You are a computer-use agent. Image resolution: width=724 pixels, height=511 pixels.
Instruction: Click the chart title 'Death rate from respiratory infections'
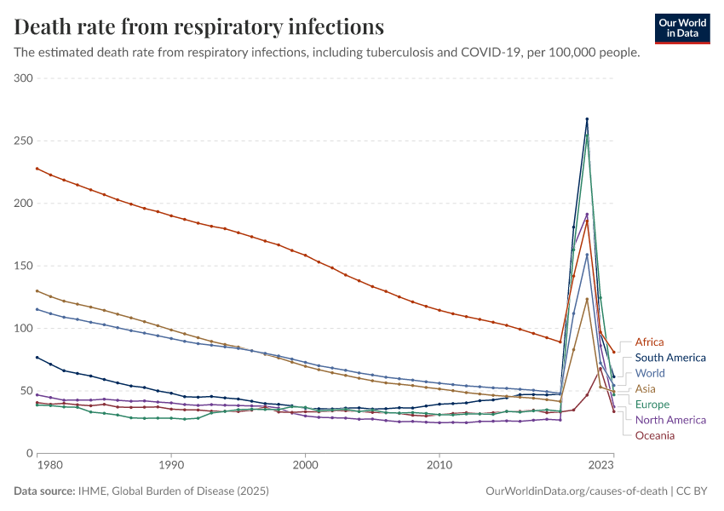tap(199, 26)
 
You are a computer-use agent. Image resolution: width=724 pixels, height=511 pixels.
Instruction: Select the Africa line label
tap(649, 342)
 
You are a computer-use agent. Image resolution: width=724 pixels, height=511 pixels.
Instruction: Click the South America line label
tap(670, 358)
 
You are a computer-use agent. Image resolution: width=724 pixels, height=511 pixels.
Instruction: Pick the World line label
tap(650, 373)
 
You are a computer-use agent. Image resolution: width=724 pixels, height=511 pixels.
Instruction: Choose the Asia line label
tap(646, 388)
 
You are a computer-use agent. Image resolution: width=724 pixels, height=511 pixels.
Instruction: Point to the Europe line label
tap(652, 405)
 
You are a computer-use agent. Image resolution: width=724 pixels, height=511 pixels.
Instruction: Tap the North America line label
tap(670, 420)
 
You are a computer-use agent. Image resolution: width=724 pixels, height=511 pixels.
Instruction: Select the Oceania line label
tap(654, 435)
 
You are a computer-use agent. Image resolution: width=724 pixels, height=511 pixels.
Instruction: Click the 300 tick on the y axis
tap(23, 78)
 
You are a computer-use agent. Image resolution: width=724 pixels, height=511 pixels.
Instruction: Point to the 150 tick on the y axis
tap(23, 266)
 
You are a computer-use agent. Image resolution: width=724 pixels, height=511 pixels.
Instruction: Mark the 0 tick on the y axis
tap(28, 453)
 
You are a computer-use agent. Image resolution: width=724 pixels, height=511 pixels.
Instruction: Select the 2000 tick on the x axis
tap(305, 466)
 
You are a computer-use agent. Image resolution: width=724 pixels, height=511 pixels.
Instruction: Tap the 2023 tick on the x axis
tap(601, 466)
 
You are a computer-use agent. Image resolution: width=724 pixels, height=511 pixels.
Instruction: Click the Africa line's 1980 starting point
tap(37, 168)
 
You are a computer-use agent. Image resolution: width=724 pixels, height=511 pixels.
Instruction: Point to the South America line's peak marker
tap(587, 119)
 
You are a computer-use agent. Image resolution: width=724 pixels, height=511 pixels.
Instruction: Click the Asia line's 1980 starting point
tap(37, 290)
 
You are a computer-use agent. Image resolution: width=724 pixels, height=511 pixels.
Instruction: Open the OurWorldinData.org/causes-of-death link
tap(576, 491)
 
